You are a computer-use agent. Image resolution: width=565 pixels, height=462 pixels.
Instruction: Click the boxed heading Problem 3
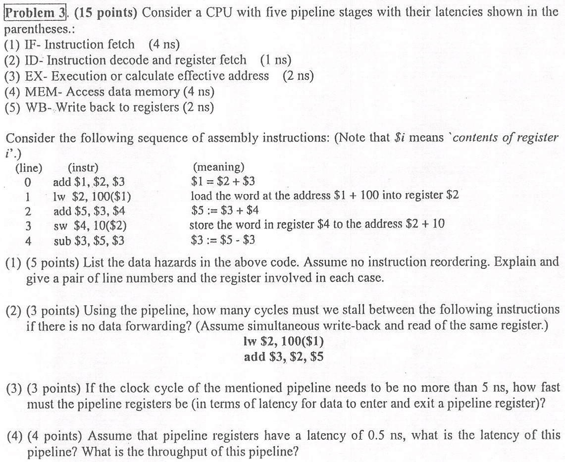click(35, 12)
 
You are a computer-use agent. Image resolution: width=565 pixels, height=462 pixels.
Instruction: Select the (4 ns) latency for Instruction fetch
click(164, 45)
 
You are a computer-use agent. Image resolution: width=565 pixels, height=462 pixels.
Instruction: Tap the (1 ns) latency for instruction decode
click(275, 60)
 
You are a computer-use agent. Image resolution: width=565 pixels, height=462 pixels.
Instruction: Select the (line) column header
click(29, 168)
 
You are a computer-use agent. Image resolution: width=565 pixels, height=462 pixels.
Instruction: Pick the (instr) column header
click(83, 168)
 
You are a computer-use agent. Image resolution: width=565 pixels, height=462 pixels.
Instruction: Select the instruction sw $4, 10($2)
click(90, 227)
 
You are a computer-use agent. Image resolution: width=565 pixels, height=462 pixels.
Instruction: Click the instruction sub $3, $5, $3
click(89, 242)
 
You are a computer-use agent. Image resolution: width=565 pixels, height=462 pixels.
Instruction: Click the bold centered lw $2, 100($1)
click(284, 341)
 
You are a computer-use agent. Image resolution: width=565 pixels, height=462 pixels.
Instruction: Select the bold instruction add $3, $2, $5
click(284, 357)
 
